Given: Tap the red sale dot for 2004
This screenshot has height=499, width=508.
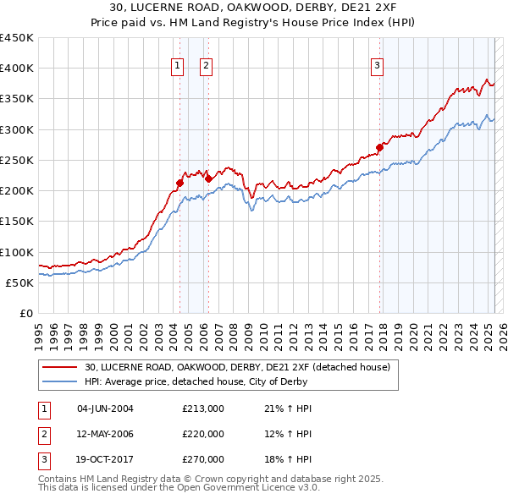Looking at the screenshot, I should (179, 182).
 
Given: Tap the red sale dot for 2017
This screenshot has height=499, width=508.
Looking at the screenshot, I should (379, 147).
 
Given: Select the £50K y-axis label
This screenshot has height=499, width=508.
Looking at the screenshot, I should (20, 282).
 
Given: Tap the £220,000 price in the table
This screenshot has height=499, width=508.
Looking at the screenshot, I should (203, 434).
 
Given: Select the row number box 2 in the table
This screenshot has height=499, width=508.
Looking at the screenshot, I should (43, 434).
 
